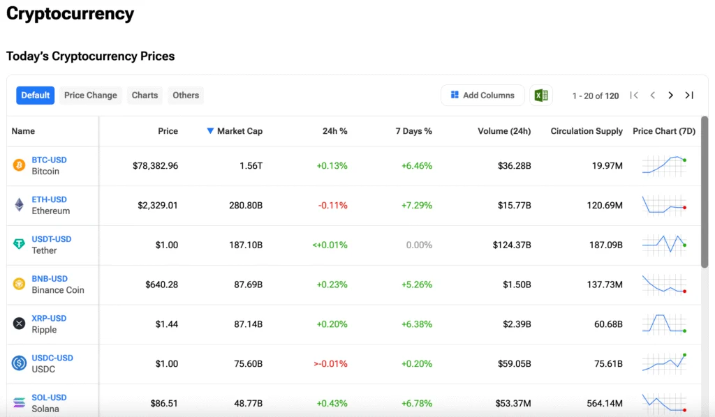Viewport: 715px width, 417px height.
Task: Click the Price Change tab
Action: click(x=91, y=96)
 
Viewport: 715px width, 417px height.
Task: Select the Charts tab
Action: click(x=145, y=96)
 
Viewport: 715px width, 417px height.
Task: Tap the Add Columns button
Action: click(x=482, y=96)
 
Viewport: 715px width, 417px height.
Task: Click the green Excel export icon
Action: click(x=541, y=96)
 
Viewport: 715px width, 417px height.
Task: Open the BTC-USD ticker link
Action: click(x=49, y=160)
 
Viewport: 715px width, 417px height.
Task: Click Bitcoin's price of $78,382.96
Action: click(x=155, y=166)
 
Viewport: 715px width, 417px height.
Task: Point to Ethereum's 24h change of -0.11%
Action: click(x=332, y=206)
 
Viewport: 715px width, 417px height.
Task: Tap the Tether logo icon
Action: click(x=19, y=245)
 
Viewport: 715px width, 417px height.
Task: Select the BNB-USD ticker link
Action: click(x=50, y=279)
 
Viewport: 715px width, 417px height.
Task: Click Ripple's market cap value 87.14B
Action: click(x=248, y=324)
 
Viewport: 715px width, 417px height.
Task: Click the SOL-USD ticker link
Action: click(x=49, y=397)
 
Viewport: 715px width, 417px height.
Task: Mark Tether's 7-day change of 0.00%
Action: click(x=419, y=245)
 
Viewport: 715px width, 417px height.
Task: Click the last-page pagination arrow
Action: click(x=689, y=96)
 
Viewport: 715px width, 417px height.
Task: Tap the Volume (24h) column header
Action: click(x=504, y=131)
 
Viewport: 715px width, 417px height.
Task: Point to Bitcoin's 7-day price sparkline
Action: click(x=664, y=165)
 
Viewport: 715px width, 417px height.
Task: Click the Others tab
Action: click(x=186, y=96)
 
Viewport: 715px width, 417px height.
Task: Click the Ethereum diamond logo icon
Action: click(x=19, y=205)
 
